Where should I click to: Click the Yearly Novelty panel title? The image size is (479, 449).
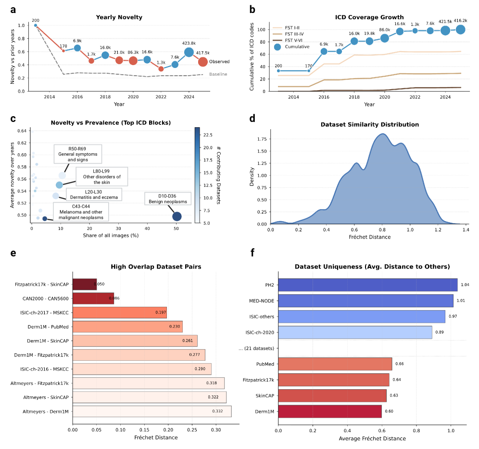click(x=119, y=18)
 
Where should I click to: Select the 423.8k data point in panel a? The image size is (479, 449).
click(x=189, y=52)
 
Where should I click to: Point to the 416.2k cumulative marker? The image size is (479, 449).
click(x=460, y=29)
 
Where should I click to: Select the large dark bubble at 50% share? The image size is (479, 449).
click(x=177, y=216)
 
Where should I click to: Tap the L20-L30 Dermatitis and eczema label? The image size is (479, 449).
click(x=93, y=195)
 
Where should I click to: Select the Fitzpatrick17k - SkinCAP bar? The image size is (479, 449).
click(x=85, y=284)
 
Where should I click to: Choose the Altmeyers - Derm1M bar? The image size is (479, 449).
click(x=151, y=411)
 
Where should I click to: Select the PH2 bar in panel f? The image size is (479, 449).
click(x=367, y=284)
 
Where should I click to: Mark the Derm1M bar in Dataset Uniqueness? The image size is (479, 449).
click(x=329, y=411)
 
